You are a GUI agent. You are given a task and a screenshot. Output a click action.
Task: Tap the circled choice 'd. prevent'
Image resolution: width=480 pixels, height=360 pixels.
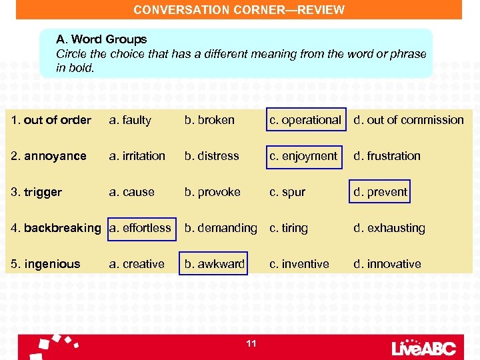pos(380,192)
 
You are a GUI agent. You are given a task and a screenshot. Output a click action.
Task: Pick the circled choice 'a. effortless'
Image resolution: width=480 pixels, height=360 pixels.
pos(140,228)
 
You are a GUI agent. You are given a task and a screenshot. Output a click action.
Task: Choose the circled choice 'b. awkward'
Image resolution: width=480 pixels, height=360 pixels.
pos(215,264)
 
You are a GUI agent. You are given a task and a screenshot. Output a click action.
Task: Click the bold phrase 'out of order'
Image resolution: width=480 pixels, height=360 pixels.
pos(57,120)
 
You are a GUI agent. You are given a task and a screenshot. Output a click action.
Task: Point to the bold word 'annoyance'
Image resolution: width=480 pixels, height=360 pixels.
pos(55,156)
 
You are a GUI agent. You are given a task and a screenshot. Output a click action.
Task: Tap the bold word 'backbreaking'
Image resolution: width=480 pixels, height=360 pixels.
pos(62,228)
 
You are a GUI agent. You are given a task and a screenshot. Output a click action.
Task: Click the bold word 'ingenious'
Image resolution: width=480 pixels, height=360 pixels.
pos(52,264)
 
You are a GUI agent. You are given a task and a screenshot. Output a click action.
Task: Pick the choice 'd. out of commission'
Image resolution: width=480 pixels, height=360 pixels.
pos(408,120)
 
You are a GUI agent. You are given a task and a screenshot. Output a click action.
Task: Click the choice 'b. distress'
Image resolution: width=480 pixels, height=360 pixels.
pos(211,156)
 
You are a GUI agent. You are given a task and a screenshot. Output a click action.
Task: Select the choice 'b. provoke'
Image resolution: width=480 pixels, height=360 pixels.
pos(212,192)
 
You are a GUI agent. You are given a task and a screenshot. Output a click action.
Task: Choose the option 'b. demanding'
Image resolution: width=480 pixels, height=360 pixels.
pos(220,228)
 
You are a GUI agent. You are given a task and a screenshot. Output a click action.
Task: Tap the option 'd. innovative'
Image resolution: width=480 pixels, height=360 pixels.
pos(387,264)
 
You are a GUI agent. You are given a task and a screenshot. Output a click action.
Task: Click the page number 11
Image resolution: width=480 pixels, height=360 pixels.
pos(251,343)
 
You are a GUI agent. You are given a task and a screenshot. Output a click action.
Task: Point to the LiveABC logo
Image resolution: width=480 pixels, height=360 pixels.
pos(424,347)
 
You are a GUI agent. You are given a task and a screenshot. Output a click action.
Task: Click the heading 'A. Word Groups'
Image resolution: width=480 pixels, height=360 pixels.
pos(101,40)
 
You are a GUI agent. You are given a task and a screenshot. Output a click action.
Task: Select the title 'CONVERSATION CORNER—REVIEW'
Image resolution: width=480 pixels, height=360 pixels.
pos(239,10)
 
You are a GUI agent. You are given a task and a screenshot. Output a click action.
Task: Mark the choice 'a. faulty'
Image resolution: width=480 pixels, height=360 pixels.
pos(130,120)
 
